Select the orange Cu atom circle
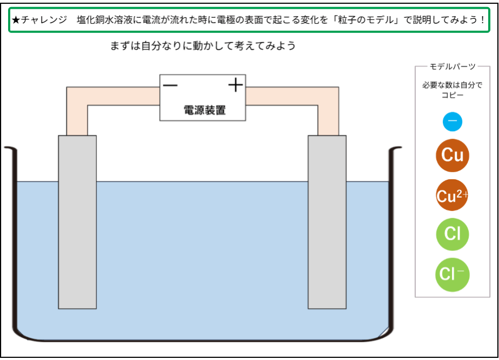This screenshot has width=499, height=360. point(452,155)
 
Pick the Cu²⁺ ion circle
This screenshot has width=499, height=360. point(452,196)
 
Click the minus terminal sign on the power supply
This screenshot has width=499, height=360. point(170,85)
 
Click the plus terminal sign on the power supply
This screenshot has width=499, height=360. point(235,85)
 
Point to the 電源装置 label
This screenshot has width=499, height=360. point(204,111)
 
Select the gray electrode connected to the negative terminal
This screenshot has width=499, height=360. point(77,221)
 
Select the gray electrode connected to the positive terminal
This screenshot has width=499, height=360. point(327,221)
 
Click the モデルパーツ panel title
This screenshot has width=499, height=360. point(452,66)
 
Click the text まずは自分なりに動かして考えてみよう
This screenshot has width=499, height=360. point(203,46)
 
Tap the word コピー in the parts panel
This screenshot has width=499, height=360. point(452,96)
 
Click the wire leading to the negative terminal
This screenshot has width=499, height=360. point(77,111)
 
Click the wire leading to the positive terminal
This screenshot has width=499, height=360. point(328,111)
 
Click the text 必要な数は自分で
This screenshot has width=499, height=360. point(452,85)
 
